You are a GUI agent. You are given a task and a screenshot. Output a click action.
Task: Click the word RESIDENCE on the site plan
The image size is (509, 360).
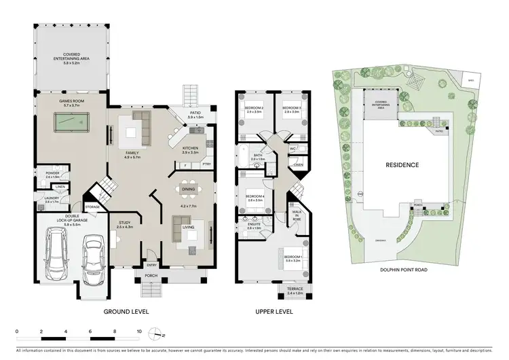coord(403,165)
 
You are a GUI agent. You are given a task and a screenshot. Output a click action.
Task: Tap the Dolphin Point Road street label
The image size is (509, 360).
coord(406,269)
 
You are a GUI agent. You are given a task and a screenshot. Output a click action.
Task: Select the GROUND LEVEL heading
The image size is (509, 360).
coord(126,312)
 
